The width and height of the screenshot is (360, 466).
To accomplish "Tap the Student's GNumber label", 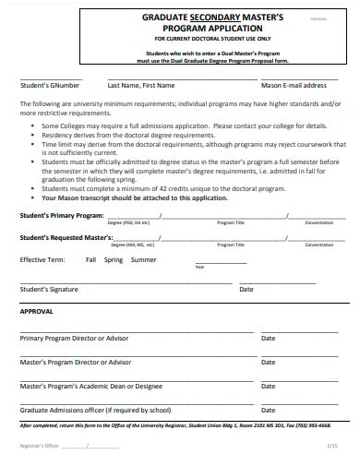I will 50,85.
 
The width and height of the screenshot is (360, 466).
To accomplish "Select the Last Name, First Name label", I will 141,85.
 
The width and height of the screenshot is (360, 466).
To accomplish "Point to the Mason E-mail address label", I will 294,85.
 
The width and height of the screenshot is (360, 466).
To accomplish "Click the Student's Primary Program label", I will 62,215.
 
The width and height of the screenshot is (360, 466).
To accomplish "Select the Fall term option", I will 90,260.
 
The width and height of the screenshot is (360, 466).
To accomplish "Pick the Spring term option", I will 114,260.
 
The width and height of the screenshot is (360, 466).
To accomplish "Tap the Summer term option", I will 143,260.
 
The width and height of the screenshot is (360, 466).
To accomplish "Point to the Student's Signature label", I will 49,289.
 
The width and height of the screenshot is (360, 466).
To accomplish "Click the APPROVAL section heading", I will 37,311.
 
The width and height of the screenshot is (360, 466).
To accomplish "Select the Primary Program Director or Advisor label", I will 76,338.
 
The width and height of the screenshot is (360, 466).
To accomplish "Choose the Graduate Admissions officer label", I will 95,410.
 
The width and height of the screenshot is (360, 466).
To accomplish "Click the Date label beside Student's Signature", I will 246,289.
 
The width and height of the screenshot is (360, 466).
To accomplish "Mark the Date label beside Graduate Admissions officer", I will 269,410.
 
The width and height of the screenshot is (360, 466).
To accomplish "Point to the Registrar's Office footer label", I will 40,446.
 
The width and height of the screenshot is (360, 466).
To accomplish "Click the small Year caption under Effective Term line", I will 199,268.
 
